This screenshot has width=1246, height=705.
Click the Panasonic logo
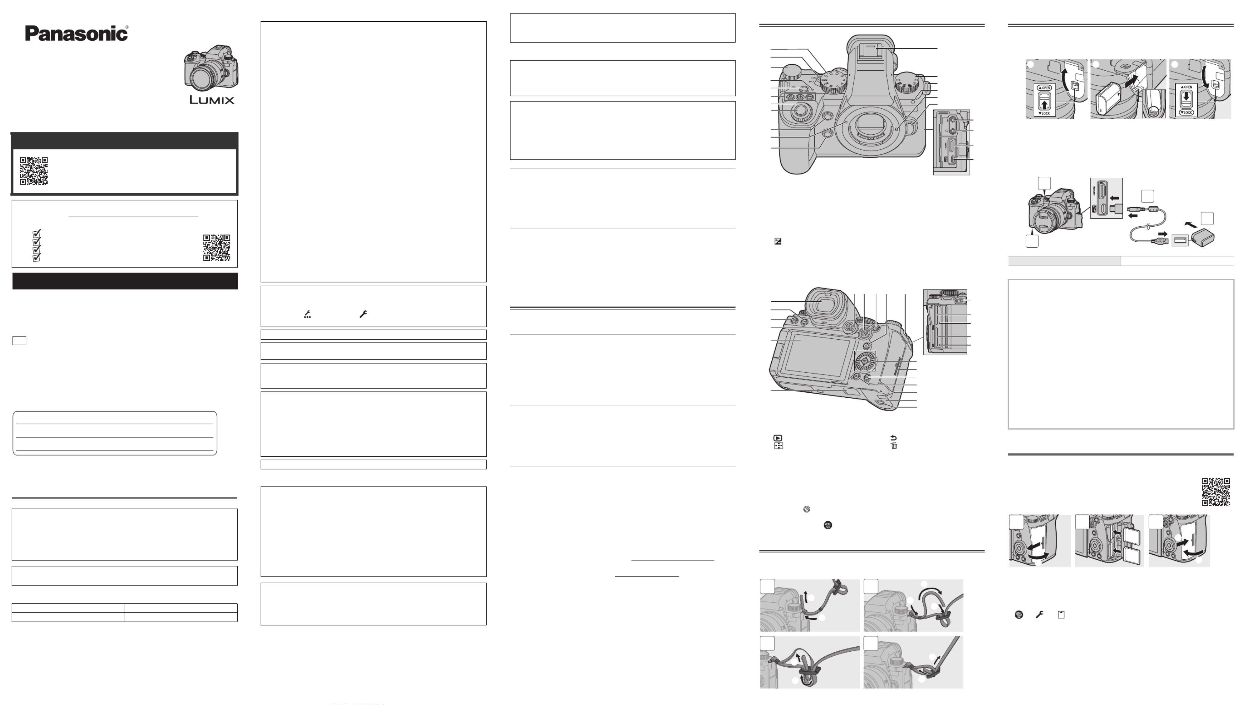pos(77,33)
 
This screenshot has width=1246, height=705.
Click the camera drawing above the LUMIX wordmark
pos(211,68)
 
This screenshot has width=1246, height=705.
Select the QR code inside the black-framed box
pos(34,171)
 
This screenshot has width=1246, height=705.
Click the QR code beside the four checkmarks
pos(217,247)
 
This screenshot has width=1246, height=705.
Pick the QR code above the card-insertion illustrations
pos(1216,492)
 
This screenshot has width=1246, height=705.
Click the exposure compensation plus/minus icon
pos(778,241)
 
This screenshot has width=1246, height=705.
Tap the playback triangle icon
pos(778,438)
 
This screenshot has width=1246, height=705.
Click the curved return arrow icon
pos(893,438)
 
